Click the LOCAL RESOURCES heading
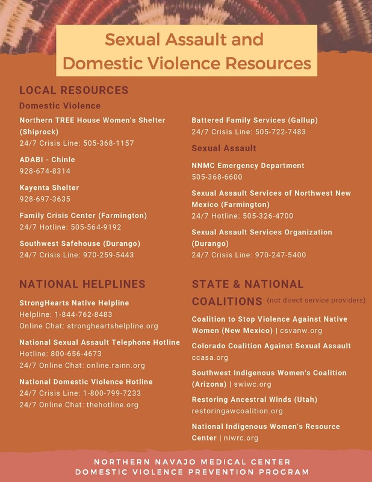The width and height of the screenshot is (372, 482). (73, 90)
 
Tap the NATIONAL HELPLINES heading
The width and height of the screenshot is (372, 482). (82, 284)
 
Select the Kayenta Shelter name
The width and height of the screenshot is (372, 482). (49, 187)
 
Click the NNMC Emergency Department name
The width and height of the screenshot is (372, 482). (248, 165)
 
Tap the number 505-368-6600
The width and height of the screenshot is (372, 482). (217, 177)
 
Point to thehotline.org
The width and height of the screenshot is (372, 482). (113, 405)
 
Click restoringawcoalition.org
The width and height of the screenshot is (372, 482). (237, 411)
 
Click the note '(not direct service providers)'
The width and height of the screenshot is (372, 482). (316, 300)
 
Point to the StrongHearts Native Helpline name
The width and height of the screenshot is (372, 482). (74, 302)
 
